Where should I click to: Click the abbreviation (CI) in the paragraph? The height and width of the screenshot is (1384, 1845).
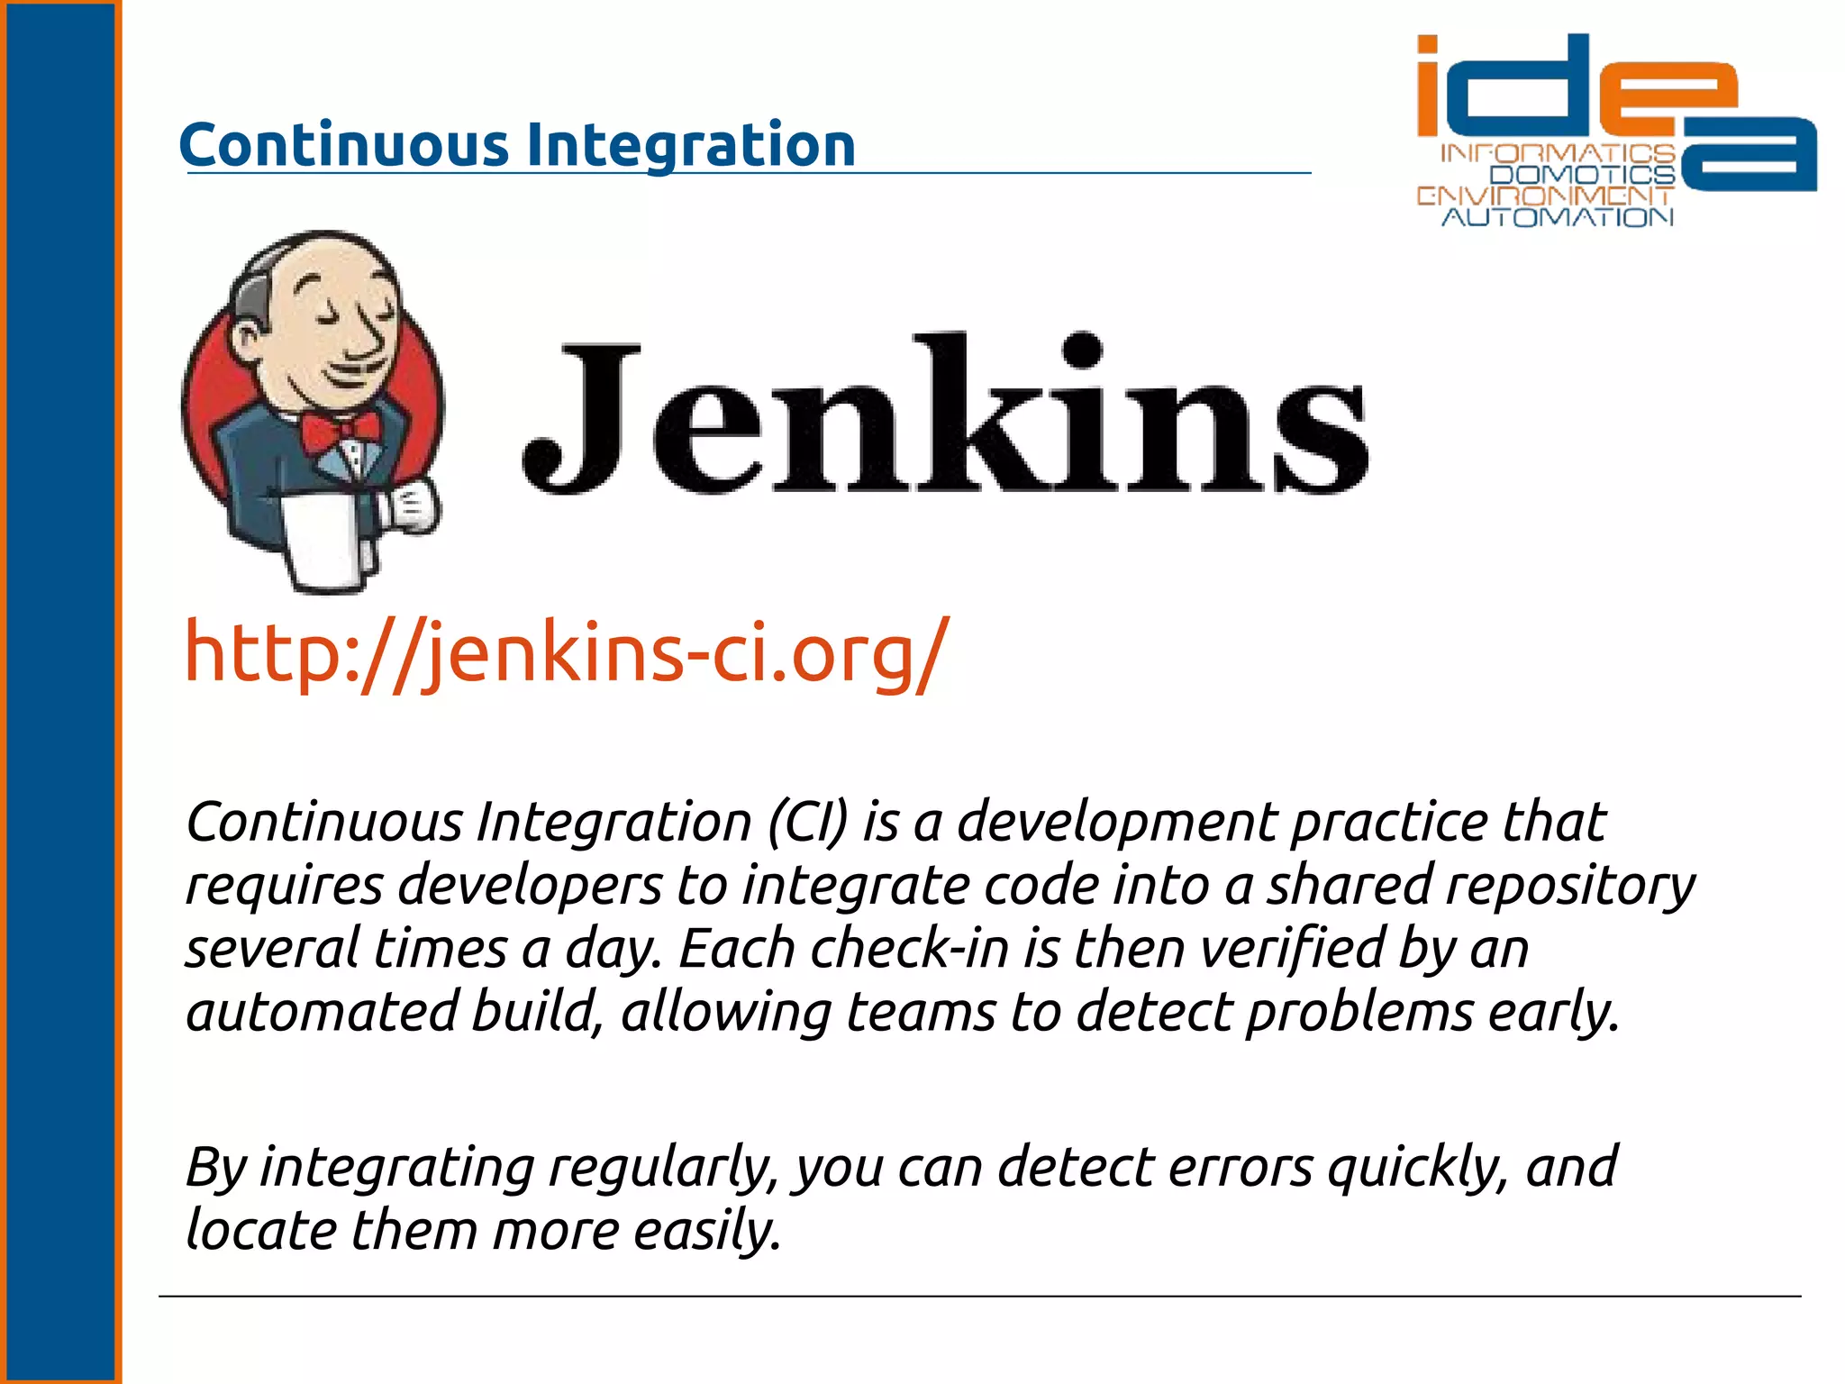pos(808,822)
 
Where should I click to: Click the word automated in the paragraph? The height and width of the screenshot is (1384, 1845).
pos(321,1012)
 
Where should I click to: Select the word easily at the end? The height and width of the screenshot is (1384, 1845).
pos(706,1231)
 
